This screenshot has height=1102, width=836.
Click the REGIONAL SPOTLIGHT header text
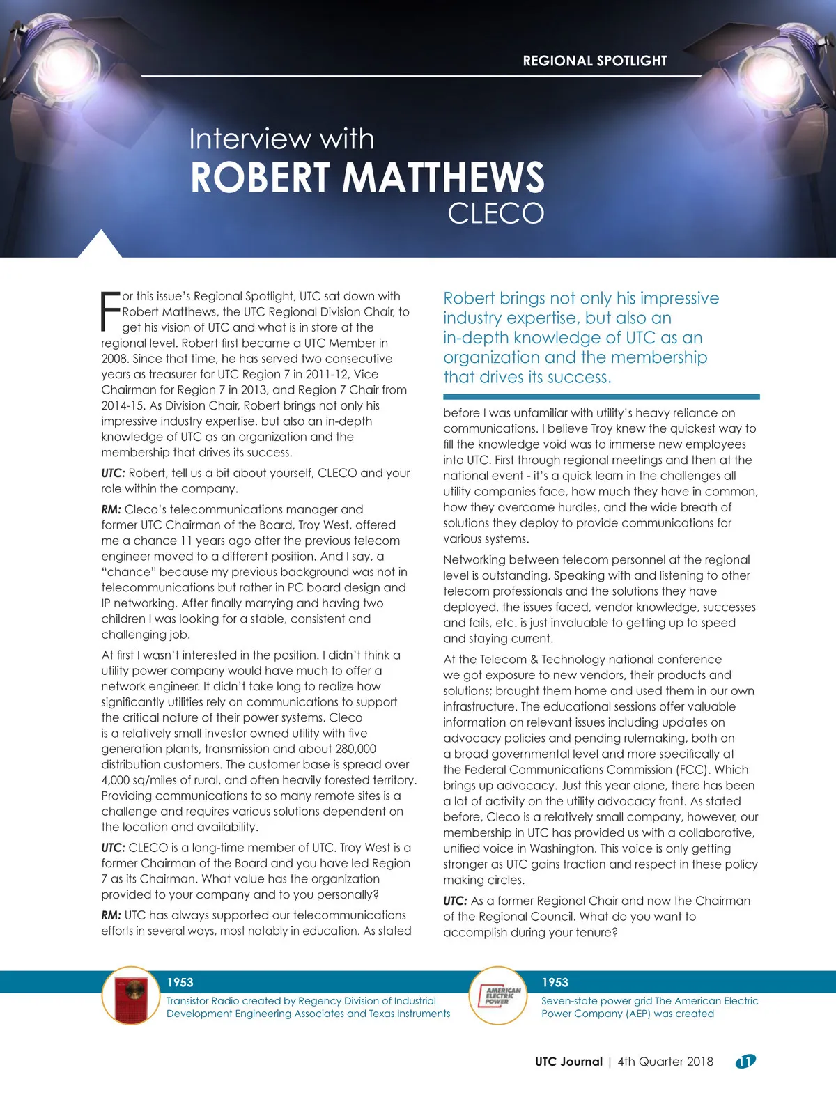(x=595, y=61)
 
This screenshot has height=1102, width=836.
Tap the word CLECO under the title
(x=495, y=214)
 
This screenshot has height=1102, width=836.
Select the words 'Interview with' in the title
(x=281, y=139)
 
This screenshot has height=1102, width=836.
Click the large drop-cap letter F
(x=110, y=311)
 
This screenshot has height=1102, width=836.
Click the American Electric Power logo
(x=497, y=995)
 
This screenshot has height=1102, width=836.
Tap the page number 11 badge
(x=745, y=1062)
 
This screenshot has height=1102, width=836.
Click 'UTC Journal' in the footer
(x=568, y=1062)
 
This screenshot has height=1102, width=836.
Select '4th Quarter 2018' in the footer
(x=665, y=1062)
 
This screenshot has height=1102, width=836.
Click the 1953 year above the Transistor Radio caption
(x=180, y=982)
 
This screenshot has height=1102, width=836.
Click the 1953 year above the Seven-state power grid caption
(x=555, y=982)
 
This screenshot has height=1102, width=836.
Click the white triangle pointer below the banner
(x=100, y=245)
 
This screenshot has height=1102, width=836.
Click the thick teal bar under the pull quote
(x=601, y=396)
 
